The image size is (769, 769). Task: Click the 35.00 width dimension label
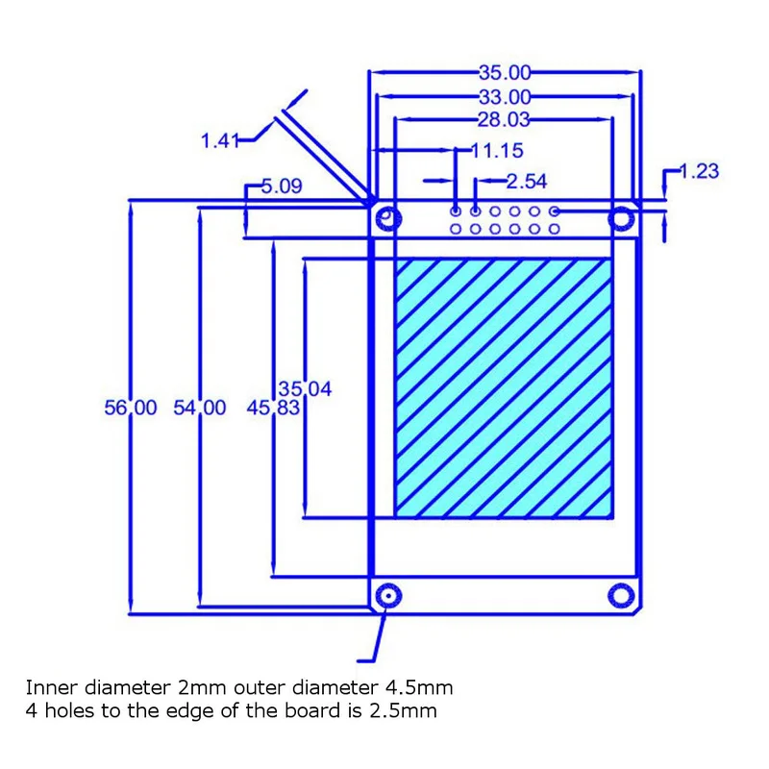[x=505, y=73]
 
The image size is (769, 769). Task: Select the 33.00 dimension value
[x=505, y=97]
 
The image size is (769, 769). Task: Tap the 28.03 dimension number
[x=504, y=119]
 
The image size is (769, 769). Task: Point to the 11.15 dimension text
[x=497, y=151]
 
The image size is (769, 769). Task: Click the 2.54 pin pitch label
[x=526, y=182]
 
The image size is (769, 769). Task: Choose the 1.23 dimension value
[x=699, y=171]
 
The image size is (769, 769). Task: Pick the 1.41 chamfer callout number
[x=220, y=140]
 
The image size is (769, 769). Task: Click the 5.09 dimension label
[x=282, y=186]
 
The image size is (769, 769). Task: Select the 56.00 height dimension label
[x=131, y=408]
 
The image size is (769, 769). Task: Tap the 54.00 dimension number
[x=200, y=408]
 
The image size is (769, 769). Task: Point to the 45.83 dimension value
[x=273, y=408]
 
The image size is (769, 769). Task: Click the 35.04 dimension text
[x=305, y=389]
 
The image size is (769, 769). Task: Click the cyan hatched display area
[x=504, y=388]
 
